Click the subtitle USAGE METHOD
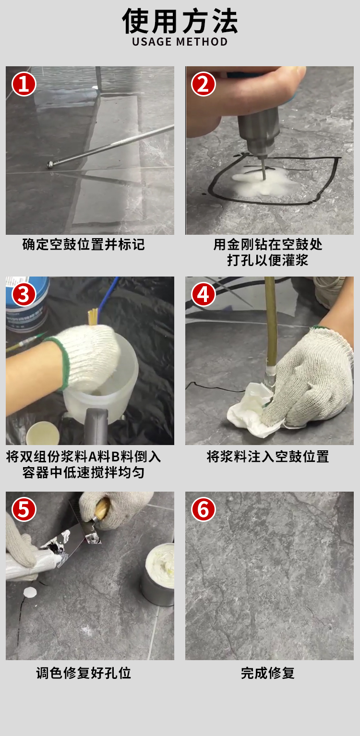[x=180, y=42]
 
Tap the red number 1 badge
[x=24, y=84]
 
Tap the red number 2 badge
[x=204, y=84]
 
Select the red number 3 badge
[x=24, y=294]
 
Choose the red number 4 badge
[x=204, y=294]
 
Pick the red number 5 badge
[x=24, y=509]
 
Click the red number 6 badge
[x=204, y=509]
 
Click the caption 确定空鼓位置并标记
[x=84, y=245]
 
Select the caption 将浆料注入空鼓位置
[x=268, y=456]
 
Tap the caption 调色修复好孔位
[x=84, y=673]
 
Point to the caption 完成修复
[x=268, y=673]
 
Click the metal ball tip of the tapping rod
[x=50, y=165]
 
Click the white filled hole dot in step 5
[x=30, y=591]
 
